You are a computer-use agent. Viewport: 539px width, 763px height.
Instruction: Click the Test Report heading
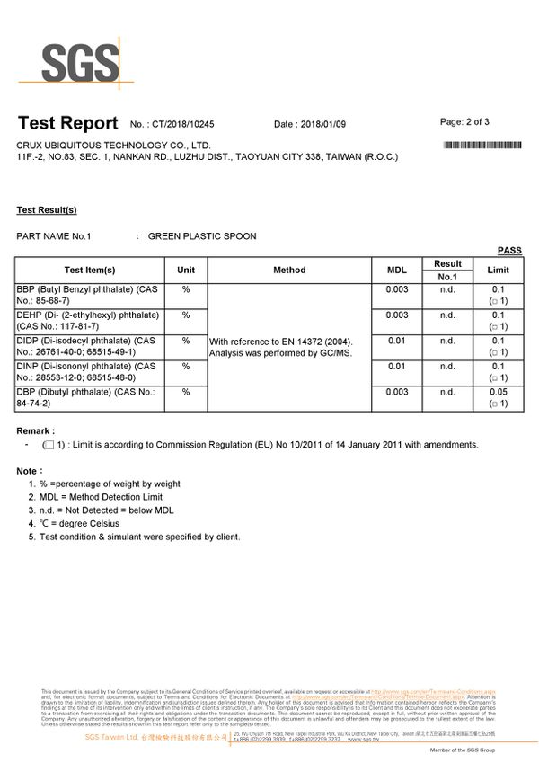(67, 123)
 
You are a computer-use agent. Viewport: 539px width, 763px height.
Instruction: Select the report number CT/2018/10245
(183, 124)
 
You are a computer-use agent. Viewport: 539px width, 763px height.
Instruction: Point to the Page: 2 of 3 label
(464, 121)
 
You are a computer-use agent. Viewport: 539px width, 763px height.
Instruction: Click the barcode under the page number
(483, 145)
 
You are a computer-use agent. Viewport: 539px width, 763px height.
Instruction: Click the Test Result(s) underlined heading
(47, 210)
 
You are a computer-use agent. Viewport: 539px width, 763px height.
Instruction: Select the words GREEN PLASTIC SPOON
(202, 236)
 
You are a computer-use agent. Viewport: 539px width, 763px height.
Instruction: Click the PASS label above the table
(509, 251)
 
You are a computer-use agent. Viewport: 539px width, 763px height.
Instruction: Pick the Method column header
(289, 270)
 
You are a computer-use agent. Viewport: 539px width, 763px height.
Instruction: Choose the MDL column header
(396, 270)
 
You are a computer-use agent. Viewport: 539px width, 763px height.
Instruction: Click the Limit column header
(498, 270)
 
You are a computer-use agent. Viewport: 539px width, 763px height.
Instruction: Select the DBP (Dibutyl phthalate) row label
(85, 398)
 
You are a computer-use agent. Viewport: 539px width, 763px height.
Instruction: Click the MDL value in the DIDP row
(396, 342)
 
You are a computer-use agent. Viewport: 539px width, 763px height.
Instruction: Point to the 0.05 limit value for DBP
(499, 393)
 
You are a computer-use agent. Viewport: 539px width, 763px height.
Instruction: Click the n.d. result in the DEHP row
(447, 315)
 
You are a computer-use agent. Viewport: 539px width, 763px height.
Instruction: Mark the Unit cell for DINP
(185, 367)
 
